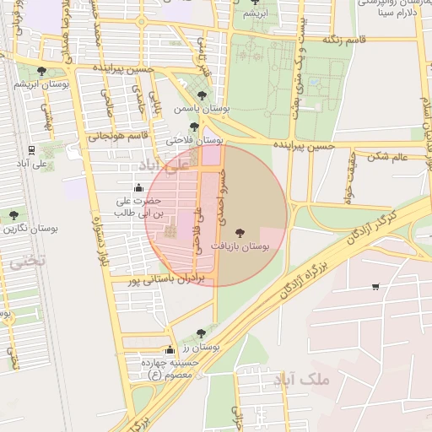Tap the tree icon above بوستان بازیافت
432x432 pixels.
tap(242, 230)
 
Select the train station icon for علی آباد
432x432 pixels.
tap(31, 149)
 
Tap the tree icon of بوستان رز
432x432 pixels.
tap(200, 333)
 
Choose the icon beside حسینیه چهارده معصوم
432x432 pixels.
tap(170, 349)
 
